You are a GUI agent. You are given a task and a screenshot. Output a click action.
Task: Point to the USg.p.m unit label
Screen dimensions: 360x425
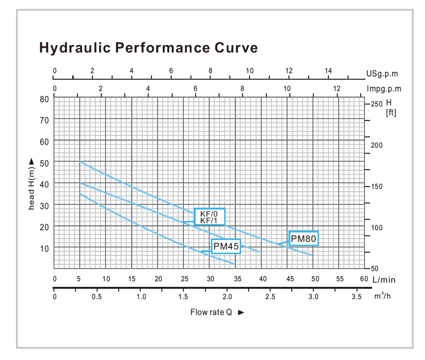click(382, 74)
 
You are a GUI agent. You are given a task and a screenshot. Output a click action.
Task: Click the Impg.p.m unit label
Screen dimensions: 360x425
click(384, 89)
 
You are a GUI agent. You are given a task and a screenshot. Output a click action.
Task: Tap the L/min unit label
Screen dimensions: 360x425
click(384, 280)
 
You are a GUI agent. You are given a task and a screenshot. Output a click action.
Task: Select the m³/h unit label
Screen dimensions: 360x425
click(382, 297)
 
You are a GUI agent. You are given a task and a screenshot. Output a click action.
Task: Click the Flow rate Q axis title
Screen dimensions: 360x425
click(212, 312)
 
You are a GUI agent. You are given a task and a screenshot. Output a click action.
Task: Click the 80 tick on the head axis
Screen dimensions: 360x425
click(45, 99)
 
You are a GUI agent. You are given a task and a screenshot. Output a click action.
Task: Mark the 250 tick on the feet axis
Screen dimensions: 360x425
click(377, 104)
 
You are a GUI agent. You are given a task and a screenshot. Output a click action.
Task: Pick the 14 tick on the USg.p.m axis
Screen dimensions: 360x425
click(328, 71)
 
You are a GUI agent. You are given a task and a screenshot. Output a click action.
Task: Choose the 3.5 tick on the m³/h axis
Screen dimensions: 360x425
click(357, 297)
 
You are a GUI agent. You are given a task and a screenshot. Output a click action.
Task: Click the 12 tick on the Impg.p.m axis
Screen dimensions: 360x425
click(336, 88)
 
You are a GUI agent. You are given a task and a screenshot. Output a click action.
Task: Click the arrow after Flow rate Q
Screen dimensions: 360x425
click(241, 313)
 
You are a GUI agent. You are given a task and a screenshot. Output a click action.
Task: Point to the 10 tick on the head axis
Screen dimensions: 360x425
click(45, 248)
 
